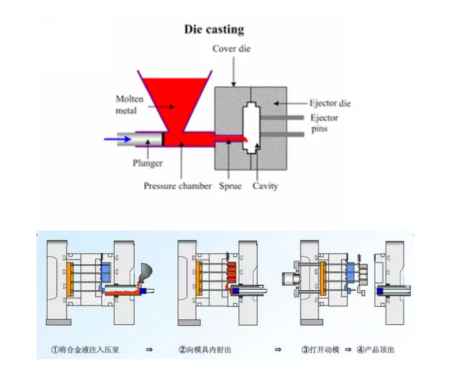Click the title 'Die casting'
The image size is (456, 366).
coord(214,30)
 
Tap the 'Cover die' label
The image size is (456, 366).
coord(231,48)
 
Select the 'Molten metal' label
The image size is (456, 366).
coord(129,105)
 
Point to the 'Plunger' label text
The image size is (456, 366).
coord(148,163)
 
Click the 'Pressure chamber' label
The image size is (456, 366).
coord(177,186)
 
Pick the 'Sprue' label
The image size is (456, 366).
coord(230,186)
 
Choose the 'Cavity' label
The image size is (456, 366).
coord(265,186)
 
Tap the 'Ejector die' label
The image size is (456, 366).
coord(330,103)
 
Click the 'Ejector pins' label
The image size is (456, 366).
coord(324,123)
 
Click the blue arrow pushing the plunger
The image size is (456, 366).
coord(117,139)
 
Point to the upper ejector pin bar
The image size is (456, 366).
coord(282,117)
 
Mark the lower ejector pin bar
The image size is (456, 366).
coord(283,134)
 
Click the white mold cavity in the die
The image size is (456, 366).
coord(251,128)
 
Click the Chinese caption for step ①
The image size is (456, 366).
coord(85,349)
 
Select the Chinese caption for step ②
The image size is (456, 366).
coord(205,349)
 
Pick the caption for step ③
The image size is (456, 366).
coord(320,349)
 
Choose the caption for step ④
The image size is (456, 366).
coord(376,349)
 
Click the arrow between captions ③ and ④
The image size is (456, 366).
coord(348,349)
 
